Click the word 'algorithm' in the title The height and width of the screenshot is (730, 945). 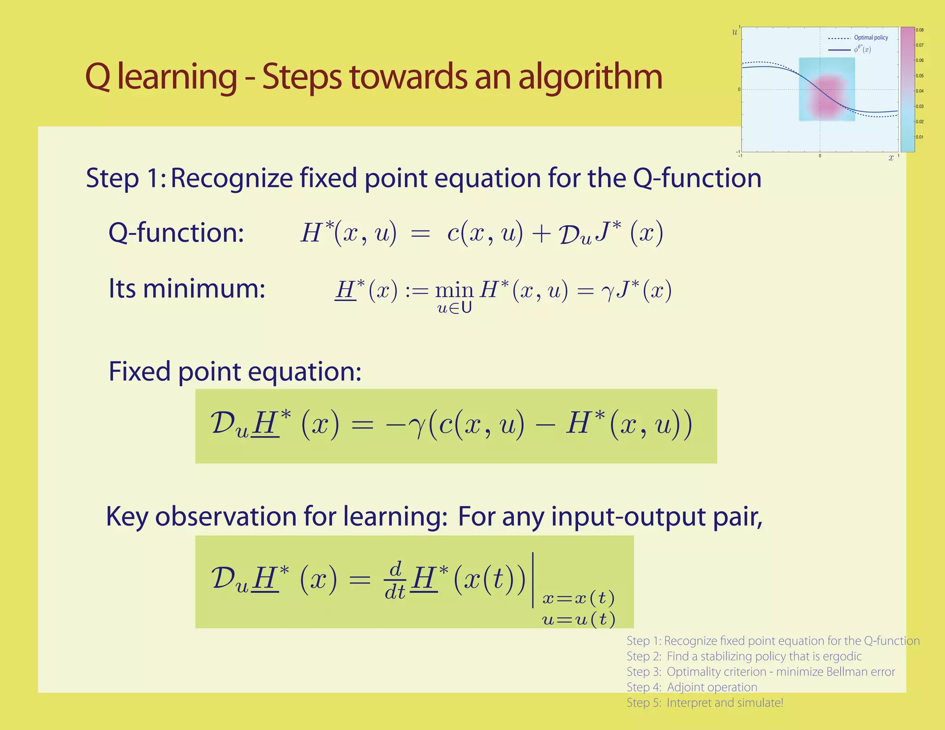pos(591,78)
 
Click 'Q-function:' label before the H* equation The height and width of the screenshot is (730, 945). pos(176,232)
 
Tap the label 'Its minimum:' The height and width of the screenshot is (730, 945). pos(186,289)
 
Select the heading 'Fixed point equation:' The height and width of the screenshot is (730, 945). pos(234,371)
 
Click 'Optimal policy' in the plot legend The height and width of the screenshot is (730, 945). pos(871,38)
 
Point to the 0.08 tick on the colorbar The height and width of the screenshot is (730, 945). pos(920,30)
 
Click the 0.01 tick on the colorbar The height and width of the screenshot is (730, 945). pos(920,137)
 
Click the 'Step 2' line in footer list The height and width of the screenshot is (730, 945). pos(744,656)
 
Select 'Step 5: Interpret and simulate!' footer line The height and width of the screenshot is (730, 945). pos(705,703)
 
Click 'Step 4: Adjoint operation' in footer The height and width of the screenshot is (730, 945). pos(692,687)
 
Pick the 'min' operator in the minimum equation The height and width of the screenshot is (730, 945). pos(454,291)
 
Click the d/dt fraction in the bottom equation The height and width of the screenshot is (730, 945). pos(395,580)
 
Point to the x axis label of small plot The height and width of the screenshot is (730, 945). pos(891,158)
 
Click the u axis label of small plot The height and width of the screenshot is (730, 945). pos(735,32)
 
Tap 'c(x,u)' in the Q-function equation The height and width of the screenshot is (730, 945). pos(484,233)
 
